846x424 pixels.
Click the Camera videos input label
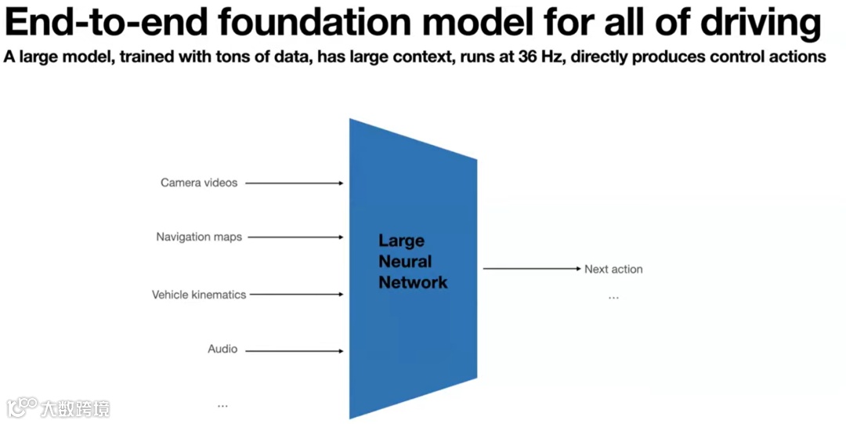point(199,183)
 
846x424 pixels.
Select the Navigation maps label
point(199,237)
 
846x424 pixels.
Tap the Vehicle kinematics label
point(199,295)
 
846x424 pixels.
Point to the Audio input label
point(222,349)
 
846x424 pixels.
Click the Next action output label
point(613,269)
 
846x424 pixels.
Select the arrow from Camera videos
point(295,183)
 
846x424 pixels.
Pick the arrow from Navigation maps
point(296,237)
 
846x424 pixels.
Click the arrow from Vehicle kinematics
point(298,295)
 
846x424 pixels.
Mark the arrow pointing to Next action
point(531,269)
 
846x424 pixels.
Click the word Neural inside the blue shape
point(405,262)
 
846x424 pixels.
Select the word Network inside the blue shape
point(413,283)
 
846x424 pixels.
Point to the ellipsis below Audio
point(222,405)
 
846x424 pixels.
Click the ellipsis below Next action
point(613,298)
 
